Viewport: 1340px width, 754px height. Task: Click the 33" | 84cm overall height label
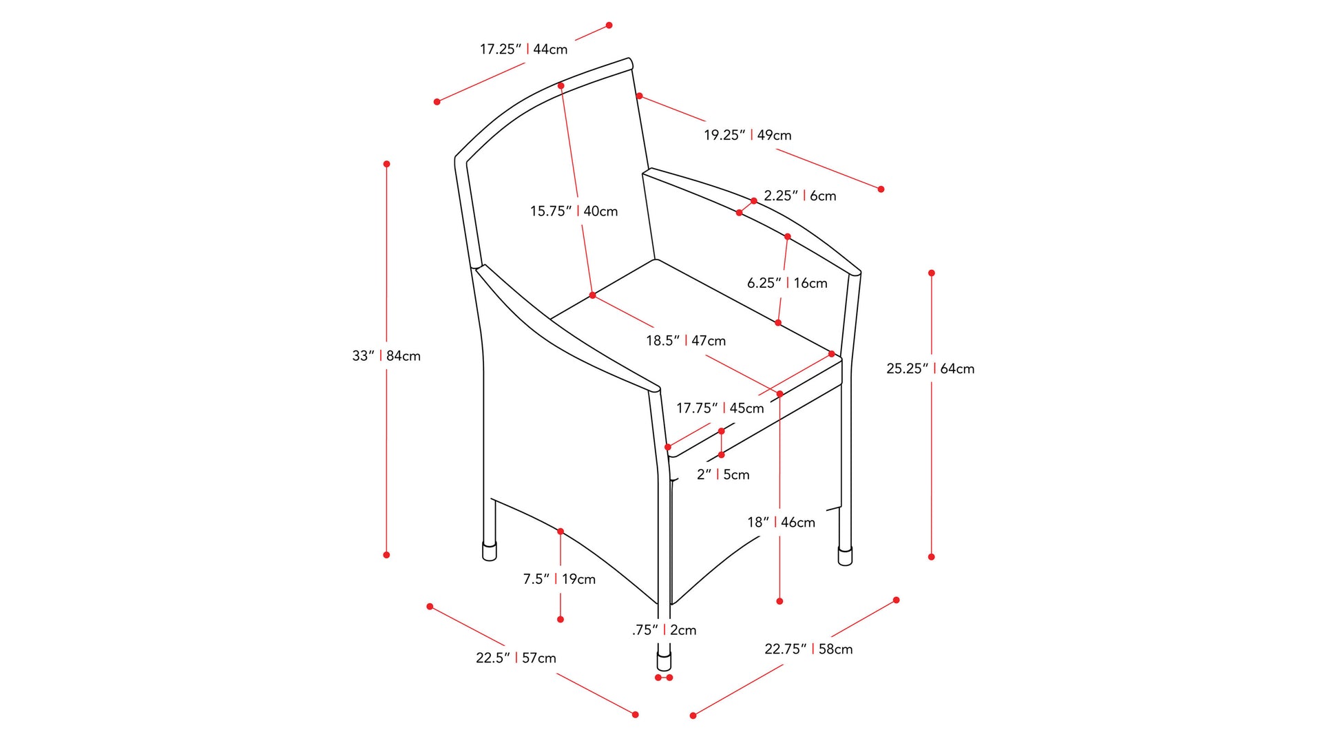pyautogui.click(x=386, y=356)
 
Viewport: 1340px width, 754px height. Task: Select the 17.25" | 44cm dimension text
pyautogui.click(x=523, y=49)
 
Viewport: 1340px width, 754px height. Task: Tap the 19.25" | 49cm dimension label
pyautogui.click(x=747, y=135)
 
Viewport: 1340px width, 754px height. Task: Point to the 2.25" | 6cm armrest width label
pyautogui.click(x=800, y=196)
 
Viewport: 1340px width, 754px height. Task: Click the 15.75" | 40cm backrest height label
pyautogui.click(x=574, y=211)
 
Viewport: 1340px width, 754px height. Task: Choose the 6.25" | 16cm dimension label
pyautogui.click(x=787, y=283)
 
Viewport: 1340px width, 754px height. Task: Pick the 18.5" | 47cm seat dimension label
pyautogui.click(x=686, y=341)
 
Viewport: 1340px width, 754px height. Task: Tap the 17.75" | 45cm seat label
pyautogui.click(x=720, y=408)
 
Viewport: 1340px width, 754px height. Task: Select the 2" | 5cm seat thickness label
pyautogui.click(x=723, y=474)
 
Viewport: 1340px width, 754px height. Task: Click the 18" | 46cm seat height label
pyautogui.click(x=781, y=523)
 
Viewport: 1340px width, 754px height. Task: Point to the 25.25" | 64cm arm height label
pyautogui.click(x=930, y=368)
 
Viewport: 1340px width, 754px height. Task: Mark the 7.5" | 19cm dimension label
pyautogui.click(x=559, y=579)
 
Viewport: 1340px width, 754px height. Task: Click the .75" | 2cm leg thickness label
pyautogui.click(x=664, y=630)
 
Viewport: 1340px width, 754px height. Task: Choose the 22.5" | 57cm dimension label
pyautogui.click(x=516, y=658)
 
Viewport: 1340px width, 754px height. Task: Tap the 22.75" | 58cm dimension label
pyautogui.click(x=808, y=649)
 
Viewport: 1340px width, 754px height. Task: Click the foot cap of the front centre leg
pyautogui.click(x=664, y=662)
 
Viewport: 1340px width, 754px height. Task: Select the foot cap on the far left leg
pyautogui.click(x=490, y=551)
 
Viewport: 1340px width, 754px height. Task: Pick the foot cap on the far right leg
pyautogui.click(x=845, y=556)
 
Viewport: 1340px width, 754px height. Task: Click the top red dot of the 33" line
pyautogui.click(x=387, y=164)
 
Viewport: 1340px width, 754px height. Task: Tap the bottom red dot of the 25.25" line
pyautogui.click(x=932, y=556)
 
